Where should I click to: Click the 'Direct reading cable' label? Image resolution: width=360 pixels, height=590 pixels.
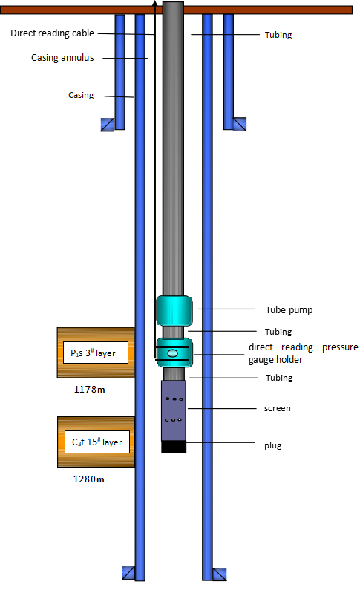click(x=52, y=33)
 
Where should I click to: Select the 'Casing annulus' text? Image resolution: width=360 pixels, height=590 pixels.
click(x=62, y=58)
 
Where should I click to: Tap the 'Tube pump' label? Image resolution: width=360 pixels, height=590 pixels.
click(x=289, y=310)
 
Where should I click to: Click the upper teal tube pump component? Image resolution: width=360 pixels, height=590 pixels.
click(x=174, y=311)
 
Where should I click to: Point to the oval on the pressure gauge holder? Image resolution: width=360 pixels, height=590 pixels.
click(x=173, y=353)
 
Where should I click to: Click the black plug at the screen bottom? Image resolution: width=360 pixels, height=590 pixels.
click(x=174, y=447)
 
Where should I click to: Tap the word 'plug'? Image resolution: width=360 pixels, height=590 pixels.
click(x=272, y=445)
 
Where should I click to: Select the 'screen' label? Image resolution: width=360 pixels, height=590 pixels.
click(x=278, y=408)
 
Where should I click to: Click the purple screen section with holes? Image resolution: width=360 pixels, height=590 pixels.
click(x=174, y=410)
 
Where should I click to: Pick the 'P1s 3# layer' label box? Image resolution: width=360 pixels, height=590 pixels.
click(x=96, y=353)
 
